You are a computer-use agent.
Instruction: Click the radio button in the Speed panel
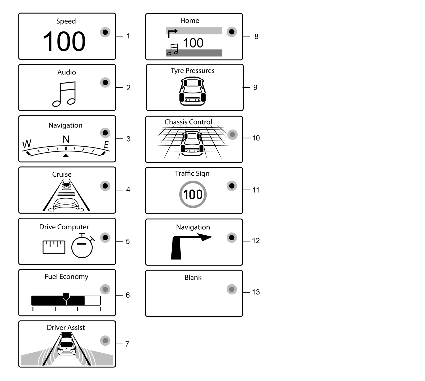coord(105,32)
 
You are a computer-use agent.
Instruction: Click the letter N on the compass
coord(66,139)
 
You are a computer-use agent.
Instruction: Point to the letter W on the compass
coord(27,144)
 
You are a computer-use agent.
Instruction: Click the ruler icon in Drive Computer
coord(54,247)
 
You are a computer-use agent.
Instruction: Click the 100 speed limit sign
coord(193,194)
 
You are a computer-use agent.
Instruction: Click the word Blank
coord(193,277)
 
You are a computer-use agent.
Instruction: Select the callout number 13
coord(256,292)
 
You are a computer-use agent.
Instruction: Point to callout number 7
coord(127,344)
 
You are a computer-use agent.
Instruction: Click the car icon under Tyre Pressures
coord(192,91)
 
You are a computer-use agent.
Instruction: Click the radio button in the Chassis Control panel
coord(232,134)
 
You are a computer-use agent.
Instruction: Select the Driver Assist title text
coord(66,328)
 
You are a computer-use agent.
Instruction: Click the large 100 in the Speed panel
coord(64,41)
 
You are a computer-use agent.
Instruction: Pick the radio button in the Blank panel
coord(231,289)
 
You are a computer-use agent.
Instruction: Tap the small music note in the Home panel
coord(173,50)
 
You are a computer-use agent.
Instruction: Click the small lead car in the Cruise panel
coord(66,185)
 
